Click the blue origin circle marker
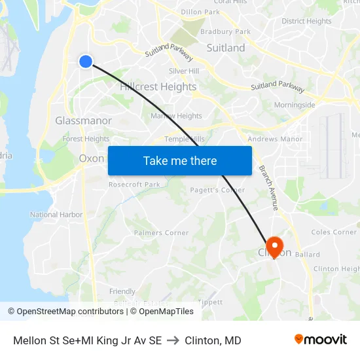click(86, 62)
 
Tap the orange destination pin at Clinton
click(275, 247)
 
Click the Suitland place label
click(226, 48)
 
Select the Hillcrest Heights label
click(158, 86)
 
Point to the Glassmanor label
click(83, 120)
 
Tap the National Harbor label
click(56, 215)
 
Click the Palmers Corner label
click(161, 232)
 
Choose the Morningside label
click(295, 105)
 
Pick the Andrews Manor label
click(275, 139)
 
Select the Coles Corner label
click(334, 232)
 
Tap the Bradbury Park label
click(226, 31)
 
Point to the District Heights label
click(306, 21)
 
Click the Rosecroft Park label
click(134, 185)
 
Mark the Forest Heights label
click(86, 139)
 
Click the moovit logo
click(320, 339)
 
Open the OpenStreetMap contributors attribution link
click(67, 312)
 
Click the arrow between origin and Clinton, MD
click(173, 340)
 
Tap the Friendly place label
click(122, 291)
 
